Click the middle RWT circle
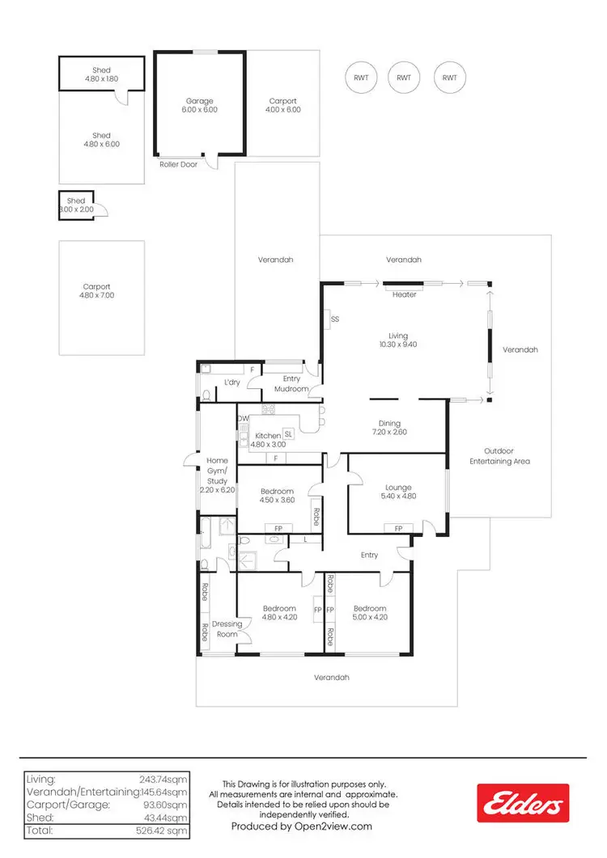click(x=404, y=78)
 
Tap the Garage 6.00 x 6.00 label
click(x=199, y=105)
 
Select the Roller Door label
click(x=178, y=164)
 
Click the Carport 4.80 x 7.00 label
click(x=101, y=291)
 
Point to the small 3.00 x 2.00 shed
click(x=76, y=205)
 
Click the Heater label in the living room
click(x=404, y=294)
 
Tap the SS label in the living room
click(x=334, y=319)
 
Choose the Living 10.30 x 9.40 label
click(x=397, y=340)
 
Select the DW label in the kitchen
click(x=244, y=418)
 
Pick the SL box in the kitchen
click(x=287, y=434)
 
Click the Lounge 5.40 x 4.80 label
click(x=397, y=492)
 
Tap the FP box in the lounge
click(x=397, y=528)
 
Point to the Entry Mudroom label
click(x=291, y=383)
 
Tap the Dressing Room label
click(x=227, y=628)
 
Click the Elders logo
click(x=522, y=803)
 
